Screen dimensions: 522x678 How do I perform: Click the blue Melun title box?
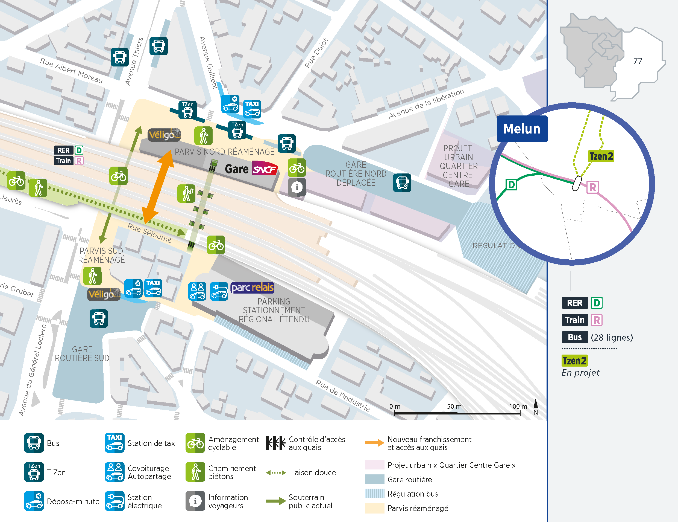(x=522, y=129)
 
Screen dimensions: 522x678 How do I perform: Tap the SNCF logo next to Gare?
(x=264, y=169)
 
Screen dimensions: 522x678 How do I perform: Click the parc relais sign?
(x=252, y=288)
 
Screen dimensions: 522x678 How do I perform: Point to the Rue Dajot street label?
(x=316, y=53)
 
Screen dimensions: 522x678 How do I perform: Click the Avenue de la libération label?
(x=426, y=103)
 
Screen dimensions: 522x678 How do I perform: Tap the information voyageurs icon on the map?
(x=297, y=187)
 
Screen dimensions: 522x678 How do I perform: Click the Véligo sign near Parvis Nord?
(x=164, y=135)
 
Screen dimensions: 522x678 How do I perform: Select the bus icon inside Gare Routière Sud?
(x=99, y=318)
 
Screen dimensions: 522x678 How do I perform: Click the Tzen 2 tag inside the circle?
(x=601, y=156)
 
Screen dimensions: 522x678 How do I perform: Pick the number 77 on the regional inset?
(x=637, y=61)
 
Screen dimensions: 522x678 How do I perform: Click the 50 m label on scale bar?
(x=454, y=407)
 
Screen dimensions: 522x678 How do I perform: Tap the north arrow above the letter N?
(x=536, y=403)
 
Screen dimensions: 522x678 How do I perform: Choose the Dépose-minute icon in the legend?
(x=34, y=501)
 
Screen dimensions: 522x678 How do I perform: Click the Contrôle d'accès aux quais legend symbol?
(x=275, y=443)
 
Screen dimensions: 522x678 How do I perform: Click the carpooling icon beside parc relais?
(x=197, y=291)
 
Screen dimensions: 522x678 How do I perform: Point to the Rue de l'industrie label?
(x=343, y=395)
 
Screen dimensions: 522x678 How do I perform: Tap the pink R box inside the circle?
(x=592, y=187)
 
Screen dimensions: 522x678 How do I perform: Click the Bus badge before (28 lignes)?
(x=574, y=337)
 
